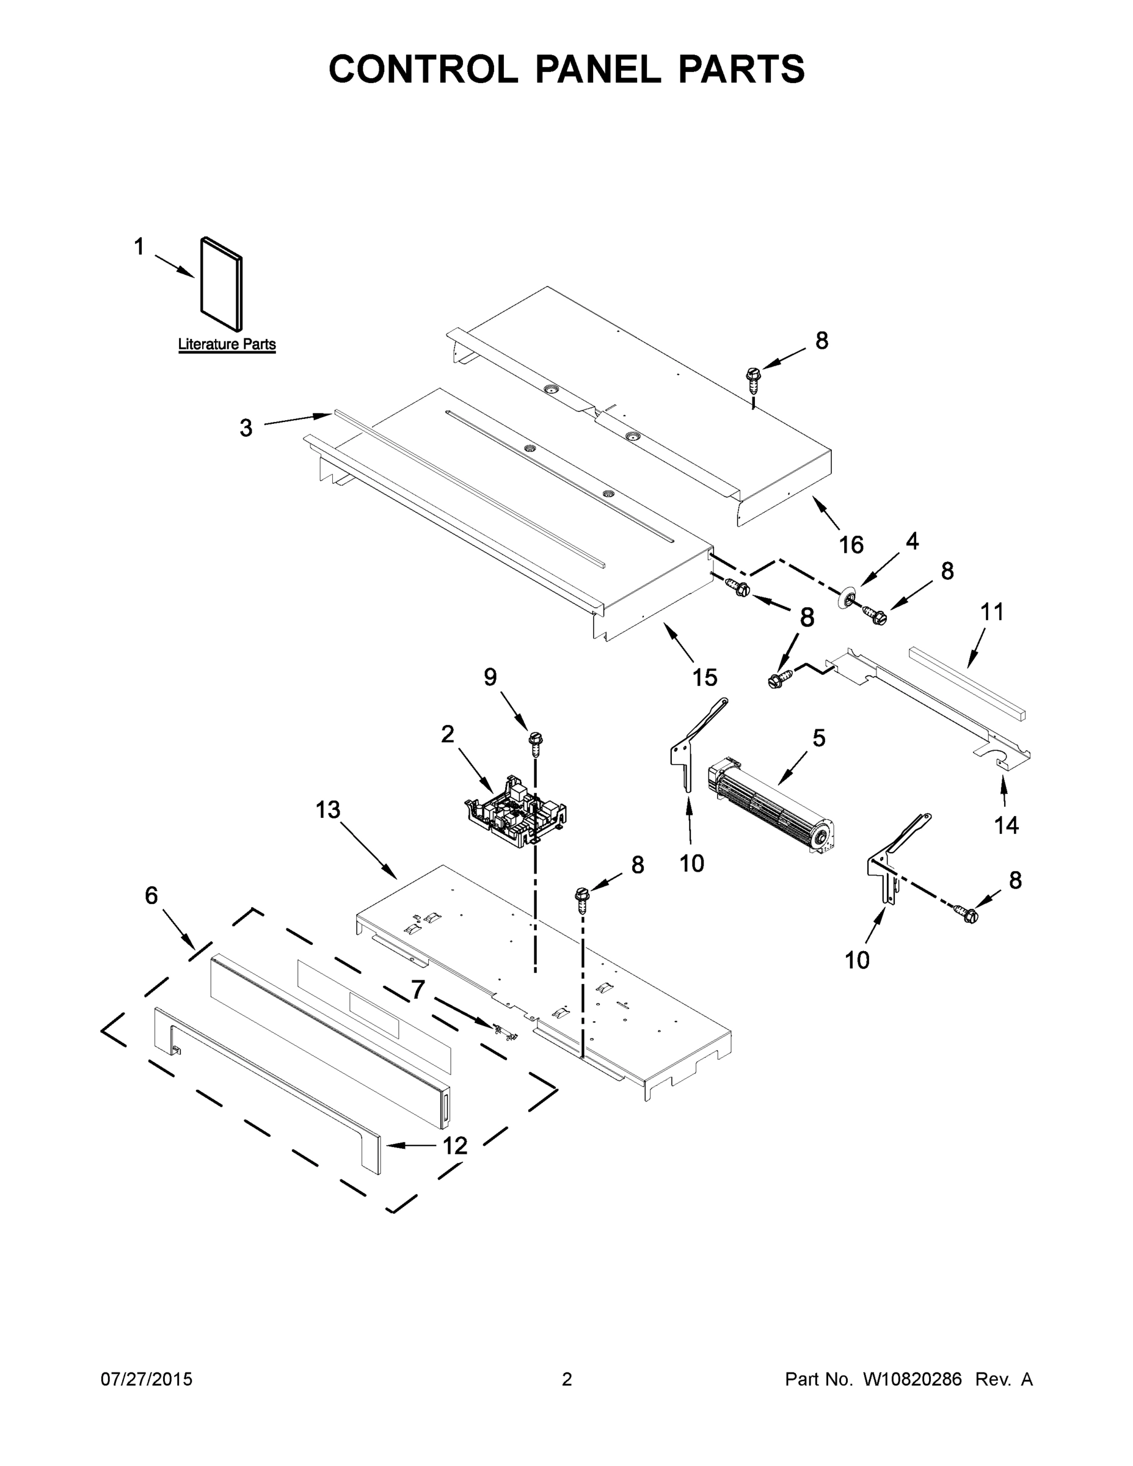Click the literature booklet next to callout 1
point(222,285)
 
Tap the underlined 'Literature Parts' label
point(227,345)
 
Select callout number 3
point(246,428)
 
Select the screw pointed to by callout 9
point(535,740)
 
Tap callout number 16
point(851,544)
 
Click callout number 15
point(705,677)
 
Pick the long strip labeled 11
point(966,684)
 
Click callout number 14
point(1006,825)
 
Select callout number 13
point(328,809)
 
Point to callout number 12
point(454,1146)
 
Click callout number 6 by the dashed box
point(151,895)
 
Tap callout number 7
point(418,990)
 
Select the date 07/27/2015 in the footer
point(147,1379)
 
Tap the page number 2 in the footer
point(567,1379)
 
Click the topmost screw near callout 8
point(752,379)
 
